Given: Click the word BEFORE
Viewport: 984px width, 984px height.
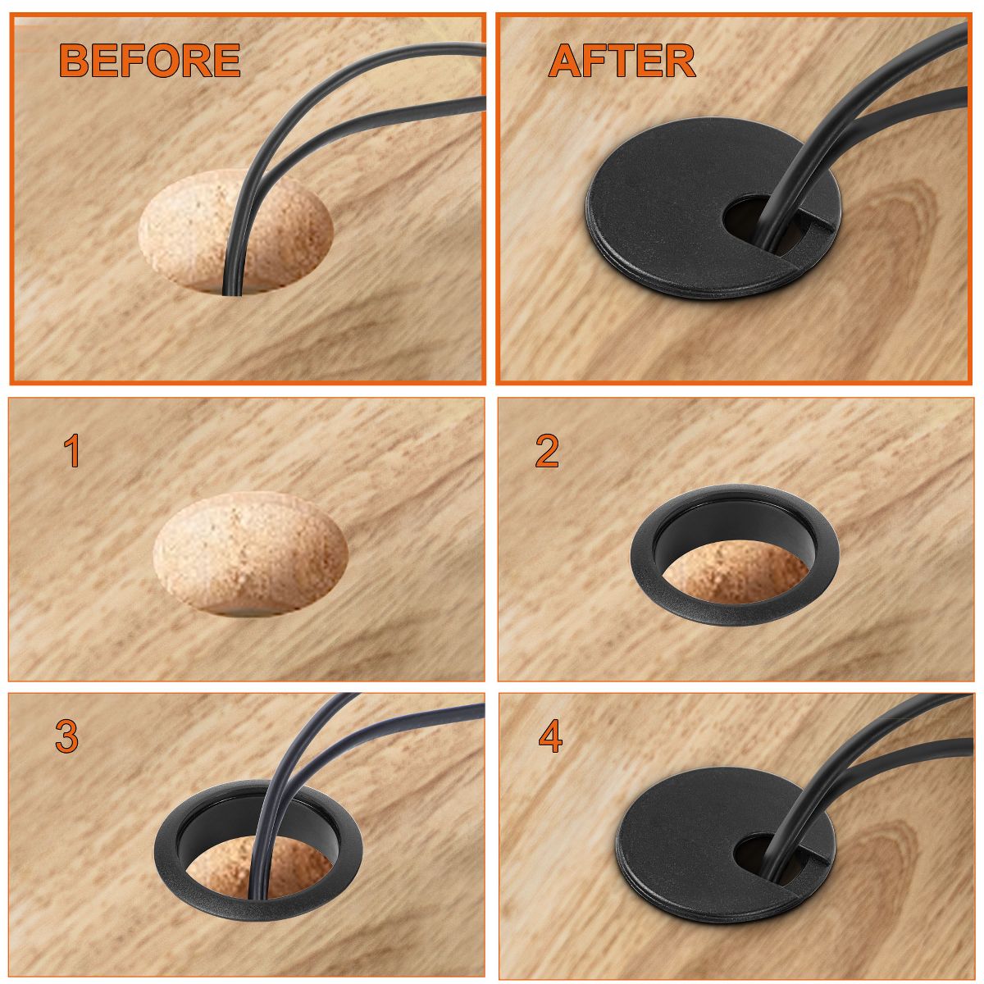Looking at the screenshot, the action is click(x=149, y=60).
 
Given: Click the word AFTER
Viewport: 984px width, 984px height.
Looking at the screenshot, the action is click(x=622, y=60).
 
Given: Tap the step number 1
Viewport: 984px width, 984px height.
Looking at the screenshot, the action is click(x=72, y=450).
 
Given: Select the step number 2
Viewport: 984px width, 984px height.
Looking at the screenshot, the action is click(x=546, y=450).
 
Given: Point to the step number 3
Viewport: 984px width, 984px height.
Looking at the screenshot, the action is click(x=66, y=736).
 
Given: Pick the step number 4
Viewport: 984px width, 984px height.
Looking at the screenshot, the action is click(x=551, y=736).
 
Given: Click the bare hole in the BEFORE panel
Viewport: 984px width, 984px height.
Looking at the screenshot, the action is click(x=235, y=232).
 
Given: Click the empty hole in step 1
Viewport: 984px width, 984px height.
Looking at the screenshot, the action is click(x=250, y=554).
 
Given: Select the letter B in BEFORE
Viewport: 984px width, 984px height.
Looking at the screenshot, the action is click(x=75, y=60).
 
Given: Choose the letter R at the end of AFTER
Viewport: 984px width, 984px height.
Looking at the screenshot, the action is click(x=680, y=60).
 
